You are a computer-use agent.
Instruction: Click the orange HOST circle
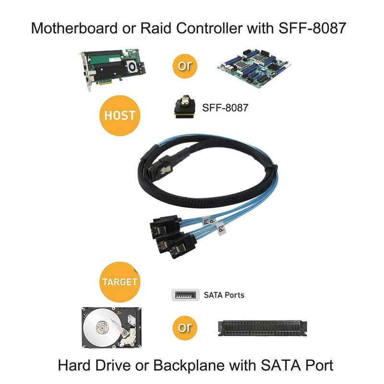coord(119,115)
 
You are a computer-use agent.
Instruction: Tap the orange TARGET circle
coord(119,281)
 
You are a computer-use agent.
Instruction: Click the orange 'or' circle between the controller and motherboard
coord(184,65)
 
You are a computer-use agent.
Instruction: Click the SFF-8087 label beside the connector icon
coord(225,107)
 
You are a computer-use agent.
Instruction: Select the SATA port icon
coord(185,295)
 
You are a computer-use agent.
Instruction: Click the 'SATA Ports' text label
coord(224,295)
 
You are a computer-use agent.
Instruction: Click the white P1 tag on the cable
coord(206,221)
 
